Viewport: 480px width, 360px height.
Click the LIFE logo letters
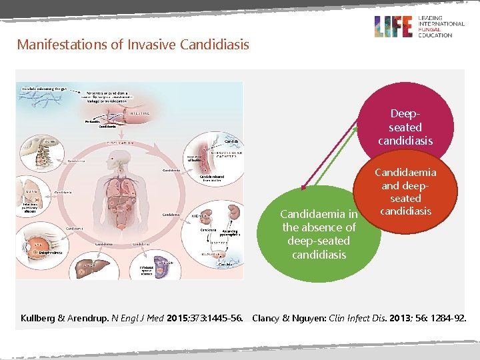click(x=394, y=27)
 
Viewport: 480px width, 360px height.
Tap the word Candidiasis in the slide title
click(x=215, y=45)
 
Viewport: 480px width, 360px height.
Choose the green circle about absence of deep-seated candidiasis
click(x=319, y=233)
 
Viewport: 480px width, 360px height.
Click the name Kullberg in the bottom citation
click(x=39, y=317)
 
